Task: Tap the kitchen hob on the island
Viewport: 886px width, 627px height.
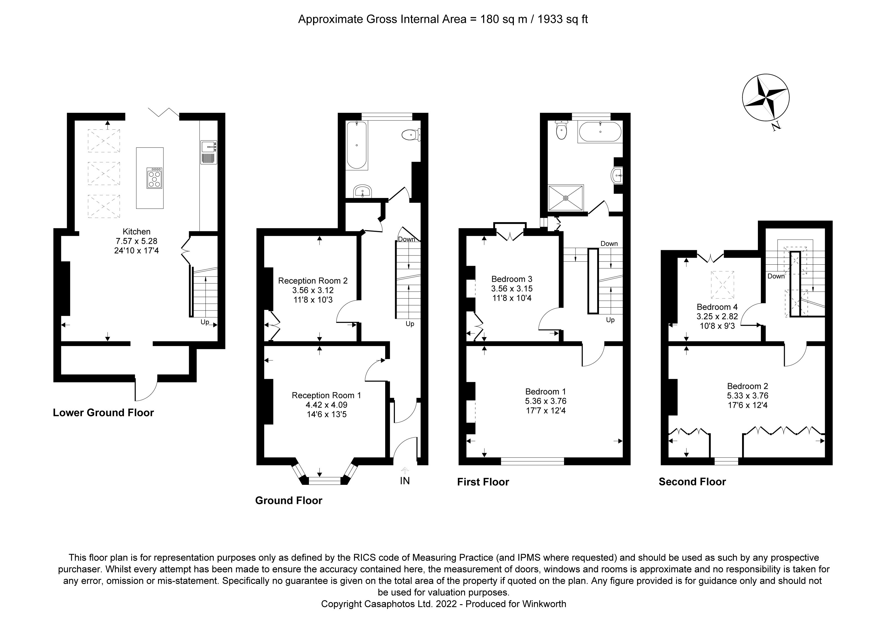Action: (154, 178)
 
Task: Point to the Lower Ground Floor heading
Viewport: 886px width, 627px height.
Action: (103, 413)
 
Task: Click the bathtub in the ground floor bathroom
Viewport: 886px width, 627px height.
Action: (357, 145)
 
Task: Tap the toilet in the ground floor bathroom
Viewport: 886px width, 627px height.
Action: (410, 135)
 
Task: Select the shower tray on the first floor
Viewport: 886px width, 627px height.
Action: (566, 198)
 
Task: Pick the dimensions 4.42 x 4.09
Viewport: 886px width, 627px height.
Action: (326, 405)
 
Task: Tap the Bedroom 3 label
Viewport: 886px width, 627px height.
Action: (512, 279)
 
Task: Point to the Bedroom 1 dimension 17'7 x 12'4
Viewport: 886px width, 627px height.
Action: (546, 411)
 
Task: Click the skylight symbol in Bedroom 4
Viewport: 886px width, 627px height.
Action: (722, 285)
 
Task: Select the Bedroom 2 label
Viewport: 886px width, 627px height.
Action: (747, 386)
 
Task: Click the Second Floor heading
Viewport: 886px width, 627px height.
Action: (692, 482)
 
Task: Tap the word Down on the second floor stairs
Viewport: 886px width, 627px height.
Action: (776, 276)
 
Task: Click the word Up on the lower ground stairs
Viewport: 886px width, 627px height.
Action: (205, 322)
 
